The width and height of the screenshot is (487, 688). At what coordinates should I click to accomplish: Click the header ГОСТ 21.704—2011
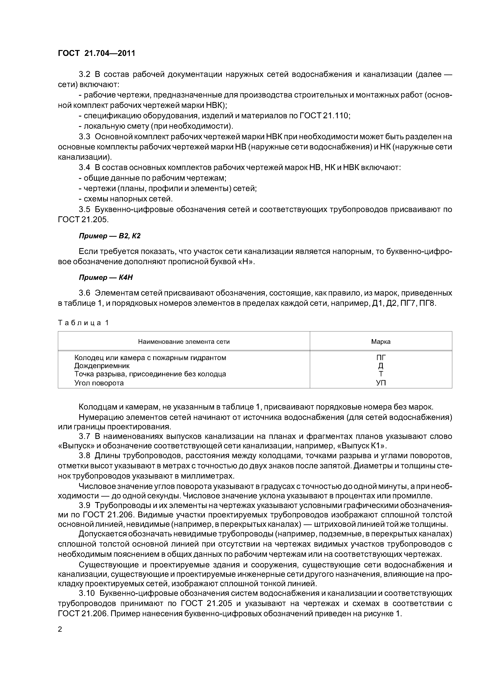(96, 53)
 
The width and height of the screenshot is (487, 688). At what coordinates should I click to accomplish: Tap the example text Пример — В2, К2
(110, 236)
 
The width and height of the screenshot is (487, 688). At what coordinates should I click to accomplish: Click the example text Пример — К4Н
(106, 278)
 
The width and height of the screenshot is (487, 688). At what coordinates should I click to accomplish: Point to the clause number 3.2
(84, 74)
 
